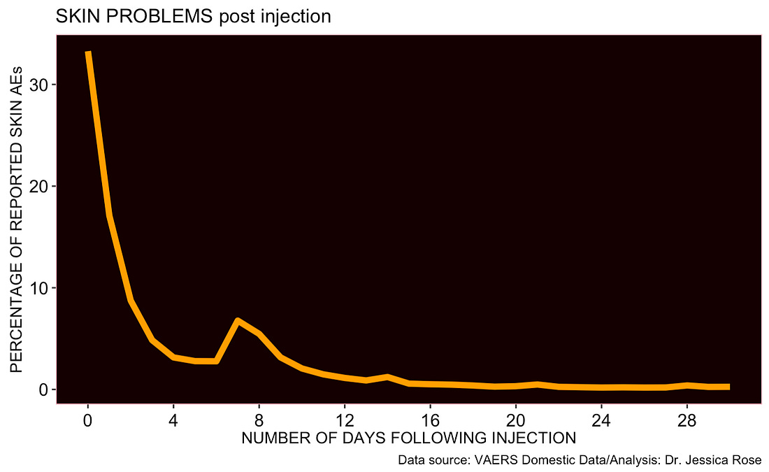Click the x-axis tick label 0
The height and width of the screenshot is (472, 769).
(x=87, y=421)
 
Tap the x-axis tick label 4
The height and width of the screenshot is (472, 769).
(x=173, y=421)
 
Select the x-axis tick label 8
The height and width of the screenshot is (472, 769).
(x=259, y=421)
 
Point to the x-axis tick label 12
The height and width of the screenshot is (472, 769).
(x=344, y=421)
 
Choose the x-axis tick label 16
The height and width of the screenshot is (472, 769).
(x=430, y=421)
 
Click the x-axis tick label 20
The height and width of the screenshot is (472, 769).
(x=515, y=421)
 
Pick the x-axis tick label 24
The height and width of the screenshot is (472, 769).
(x=601, y=421)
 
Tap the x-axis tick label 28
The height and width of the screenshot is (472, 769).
(x=687, y=421)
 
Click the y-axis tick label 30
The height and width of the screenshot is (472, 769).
(x=39, y=85)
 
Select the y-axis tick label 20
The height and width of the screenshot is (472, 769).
(x=39, y=187)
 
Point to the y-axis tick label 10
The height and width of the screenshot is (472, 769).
(x=39, y=288)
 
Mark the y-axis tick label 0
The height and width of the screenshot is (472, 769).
(x=43, y=389)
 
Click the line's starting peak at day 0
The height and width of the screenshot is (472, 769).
(x=88, y=52)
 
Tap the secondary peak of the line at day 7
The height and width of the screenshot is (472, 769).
(x=238, y=321)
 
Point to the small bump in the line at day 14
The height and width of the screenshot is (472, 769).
(x=387, y=377)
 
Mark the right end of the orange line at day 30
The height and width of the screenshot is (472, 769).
(x=728, y=387)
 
